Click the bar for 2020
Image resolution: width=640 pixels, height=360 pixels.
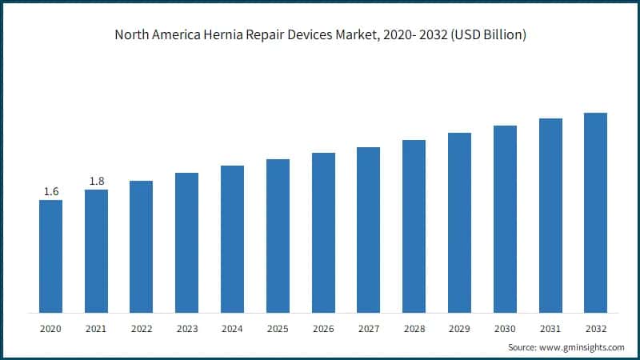(x=50, y=256)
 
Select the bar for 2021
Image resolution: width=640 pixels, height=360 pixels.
(x=96, y=251)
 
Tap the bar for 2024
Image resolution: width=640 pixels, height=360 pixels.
(x=232, y=239)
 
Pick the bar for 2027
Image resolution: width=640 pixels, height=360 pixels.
(x=368, y=230)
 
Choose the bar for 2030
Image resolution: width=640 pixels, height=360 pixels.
(x=505, y=219)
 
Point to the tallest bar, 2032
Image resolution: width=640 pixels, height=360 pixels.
(x=595, y=213)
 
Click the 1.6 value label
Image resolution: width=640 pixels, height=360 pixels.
(x=50, y=191)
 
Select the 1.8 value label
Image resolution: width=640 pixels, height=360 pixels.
(x=96, y=181)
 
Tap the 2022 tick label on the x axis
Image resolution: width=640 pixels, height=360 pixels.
(x=142, y=329)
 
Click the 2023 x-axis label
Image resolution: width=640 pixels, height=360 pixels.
(x=186, y=329)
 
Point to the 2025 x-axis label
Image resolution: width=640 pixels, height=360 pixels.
(x=278, y=329)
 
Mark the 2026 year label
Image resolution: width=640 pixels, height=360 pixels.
(x=323, y=329)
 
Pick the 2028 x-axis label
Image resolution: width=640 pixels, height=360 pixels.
(x=414, y=329)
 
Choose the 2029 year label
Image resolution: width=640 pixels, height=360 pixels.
(x=459, y=329)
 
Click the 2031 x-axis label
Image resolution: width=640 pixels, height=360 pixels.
(x=550, y=329)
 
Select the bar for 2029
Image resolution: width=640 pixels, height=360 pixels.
(x=459, y=222)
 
